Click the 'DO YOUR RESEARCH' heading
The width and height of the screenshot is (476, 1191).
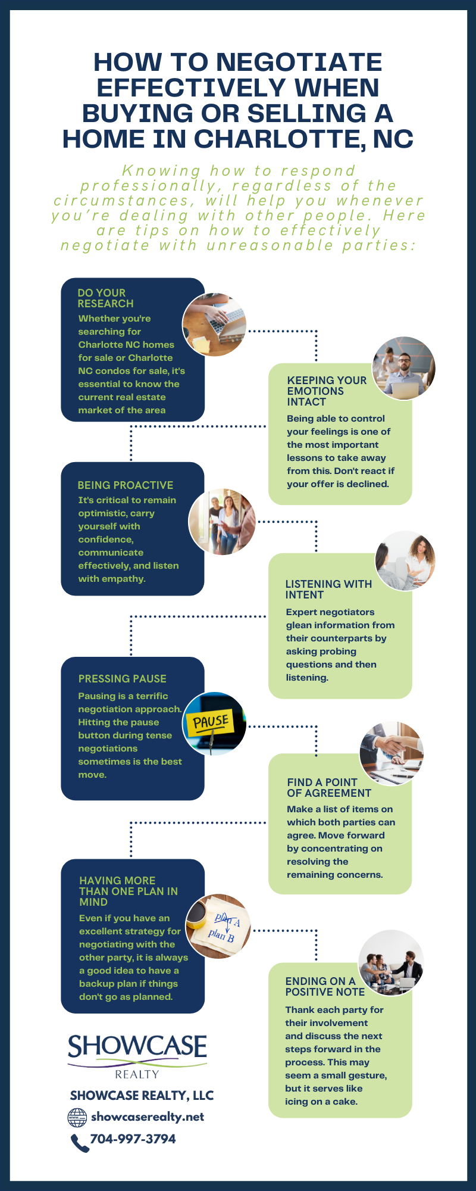(x=105, y=298)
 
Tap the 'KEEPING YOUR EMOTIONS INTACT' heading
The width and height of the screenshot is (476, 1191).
(x=326, y=391)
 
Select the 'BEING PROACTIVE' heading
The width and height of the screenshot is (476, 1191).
(x=126, y=485)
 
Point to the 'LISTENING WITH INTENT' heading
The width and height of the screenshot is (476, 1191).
(x=328, y=589)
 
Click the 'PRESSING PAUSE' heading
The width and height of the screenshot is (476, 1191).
(x=123, y=679)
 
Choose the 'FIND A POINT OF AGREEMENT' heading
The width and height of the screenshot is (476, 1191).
(x=329, y=787)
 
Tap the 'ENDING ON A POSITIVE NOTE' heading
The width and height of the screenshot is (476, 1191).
(x=325, y=986)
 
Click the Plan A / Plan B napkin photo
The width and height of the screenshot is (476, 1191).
(x=218, y=926)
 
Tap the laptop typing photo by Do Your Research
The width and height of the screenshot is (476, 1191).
(x=214, y=325)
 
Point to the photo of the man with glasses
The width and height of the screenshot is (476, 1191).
(x=404, y=368)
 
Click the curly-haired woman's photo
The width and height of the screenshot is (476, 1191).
(x=405, y=560)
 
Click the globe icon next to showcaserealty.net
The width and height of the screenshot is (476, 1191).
(x=77, y=1117)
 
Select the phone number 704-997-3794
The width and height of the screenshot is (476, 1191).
(x=133, y=1139)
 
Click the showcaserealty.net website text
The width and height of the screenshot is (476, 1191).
(x=148, y=1117)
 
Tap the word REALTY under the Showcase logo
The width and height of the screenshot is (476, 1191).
(x=137, y=1074)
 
